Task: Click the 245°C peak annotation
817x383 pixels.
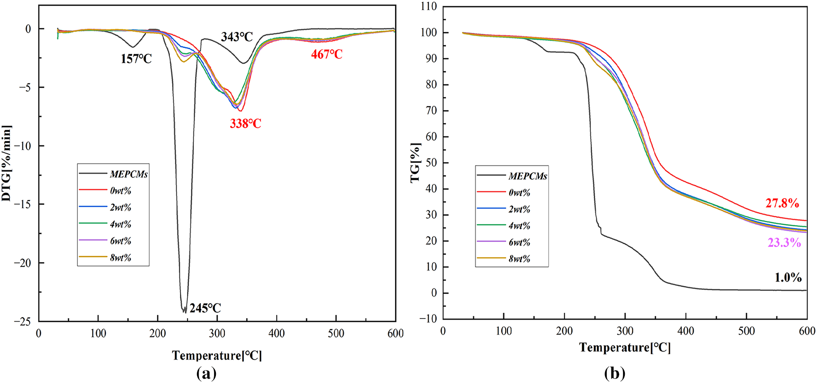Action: tap(205, 308)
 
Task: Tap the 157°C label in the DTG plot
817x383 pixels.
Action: tap(136, 59)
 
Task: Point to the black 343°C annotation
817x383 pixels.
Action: tap(237, 37)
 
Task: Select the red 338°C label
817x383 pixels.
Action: tap(246, 124)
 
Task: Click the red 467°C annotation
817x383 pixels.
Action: tap(327, 54)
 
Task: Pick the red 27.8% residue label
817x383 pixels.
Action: tap(782, 203)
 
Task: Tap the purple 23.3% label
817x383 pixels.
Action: tap(784, 243)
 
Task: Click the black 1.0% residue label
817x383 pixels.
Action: tap(788, 278)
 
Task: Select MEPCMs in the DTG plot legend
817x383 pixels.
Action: tap(129, 174)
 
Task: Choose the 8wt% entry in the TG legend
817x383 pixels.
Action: tap(519, 259)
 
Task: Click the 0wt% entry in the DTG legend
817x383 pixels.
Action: tap(120, 191)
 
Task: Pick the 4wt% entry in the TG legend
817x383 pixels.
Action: tap(519, 226)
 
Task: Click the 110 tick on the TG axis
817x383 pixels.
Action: tap(429, 6)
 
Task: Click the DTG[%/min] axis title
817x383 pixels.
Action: tap(6, 164)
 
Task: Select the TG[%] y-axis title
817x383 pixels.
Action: tap(415, 163)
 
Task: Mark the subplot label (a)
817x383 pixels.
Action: tap(206, 373)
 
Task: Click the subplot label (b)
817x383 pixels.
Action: tap(615, 373)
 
